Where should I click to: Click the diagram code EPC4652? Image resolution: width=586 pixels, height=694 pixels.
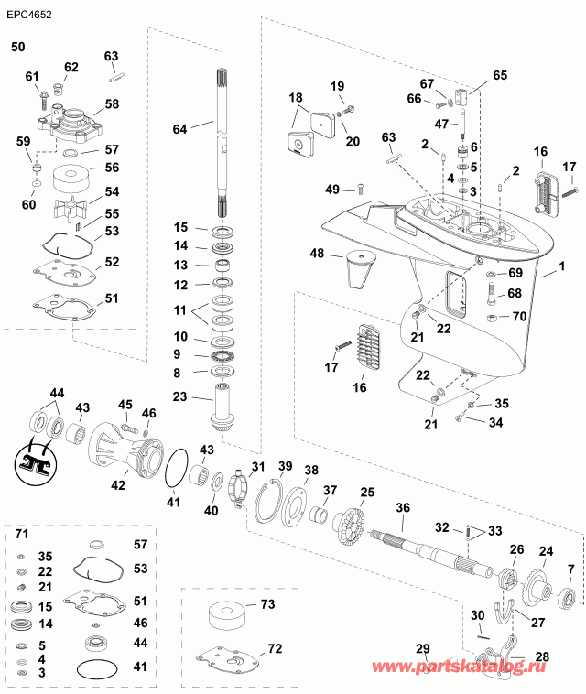point(28,16)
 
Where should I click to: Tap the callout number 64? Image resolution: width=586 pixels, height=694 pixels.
point(179,129)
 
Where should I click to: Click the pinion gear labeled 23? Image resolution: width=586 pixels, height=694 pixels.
point(224,404)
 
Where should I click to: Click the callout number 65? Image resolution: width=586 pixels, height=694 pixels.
point(499,76)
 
